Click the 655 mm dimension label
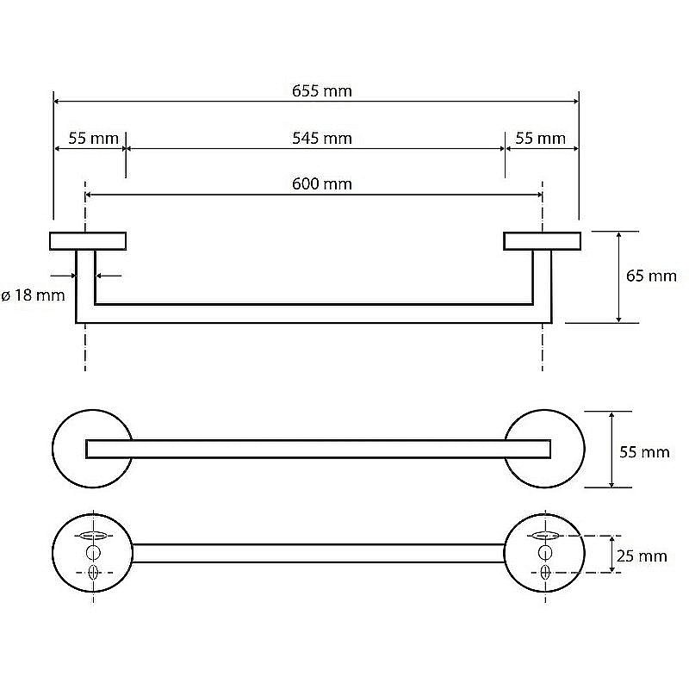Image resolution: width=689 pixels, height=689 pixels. click(321, 91)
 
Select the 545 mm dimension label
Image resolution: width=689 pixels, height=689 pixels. click(321, 139)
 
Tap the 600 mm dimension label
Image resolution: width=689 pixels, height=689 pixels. click(321, 183)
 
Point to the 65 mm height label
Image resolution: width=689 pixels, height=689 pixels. click(651, 276)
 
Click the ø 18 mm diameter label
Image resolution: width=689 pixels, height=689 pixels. click(33, 295)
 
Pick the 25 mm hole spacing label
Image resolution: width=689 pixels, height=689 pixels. click(642, 556)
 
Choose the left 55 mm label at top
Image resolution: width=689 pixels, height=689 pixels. click(93, 139)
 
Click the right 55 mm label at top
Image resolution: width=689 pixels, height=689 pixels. click(540, 139)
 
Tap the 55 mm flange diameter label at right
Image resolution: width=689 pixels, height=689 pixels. click(644, 451)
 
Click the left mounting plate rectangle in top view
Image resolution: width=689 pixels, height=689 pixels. click(88, 241)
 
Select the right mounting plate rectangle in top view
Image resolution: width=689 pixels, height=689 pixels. click(542, 241)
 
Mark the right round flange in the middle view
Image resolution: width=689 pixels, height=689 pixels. click(584, 449)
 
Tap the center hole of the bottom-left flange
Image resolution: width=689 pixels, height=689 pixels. click(93, 553)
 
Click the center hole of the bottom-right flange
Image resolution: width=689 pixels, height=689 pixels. click(545, 553)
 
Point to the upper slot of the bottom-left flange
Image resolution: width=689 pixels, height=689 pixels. click(93, 535)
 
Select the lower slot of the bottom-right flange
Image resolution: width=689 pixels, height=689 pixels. click(545, 572)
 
